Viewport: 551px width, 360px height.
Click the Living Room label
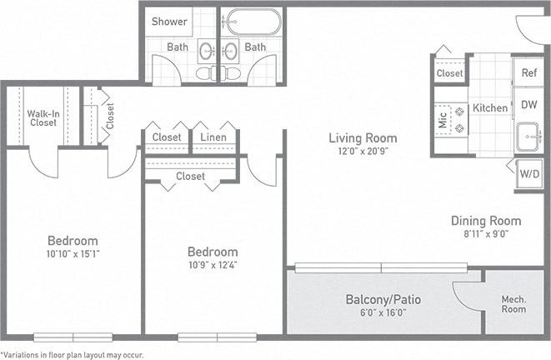click(x=362, y=137)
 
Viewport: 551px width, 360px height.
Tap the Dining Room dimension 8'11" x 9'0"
click(x=486, y=234)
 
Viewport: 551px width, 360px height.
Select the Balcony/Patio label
click(x=383, y=298)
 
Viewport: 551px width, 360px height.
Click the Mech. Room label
click(x=513, y=303)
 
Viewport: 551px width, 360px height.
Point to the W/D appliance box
click(x=529, y=175)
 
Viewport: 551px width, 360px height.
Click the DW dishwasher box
click(x=528, y=105)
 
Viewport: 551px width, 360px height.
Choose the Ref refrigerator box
click(x=528, y=72)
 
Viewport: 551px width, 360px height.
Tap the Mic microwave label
click(x=443, y=119)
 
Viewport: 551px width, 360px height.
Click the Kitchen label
click(x=489, y=107)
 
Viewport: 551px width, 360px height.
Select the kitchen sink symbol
click(x=528, y=135)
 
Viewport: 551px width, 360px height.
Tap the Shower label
click(x=169, y=22)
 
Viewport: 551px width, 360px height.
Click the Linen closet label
click(x=214, y=137)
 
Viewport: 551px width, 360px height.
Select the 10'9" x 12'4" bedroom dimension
click(x=212, y=265)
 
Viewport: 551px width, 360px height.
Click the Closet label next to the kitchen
click(x=450, y=73)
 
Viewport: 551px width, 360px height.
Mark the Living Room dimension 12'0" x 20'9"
click(x=362, y=152)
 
